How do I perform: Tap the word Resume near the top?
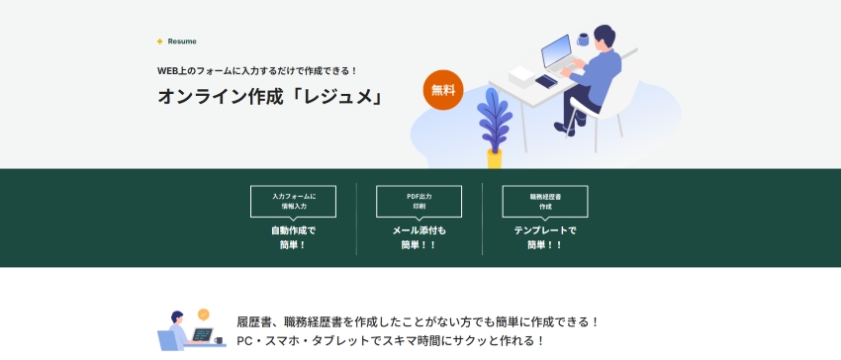(182, 42)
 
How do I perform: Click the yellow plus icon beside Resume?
(159, 42)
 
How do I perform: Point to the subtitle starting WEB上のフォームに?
(257, 70)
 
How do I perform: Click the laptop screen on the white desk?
(556, 49)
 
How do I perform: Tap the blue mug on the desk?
(584, 40)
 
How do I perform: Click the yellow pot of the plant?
(494, 158)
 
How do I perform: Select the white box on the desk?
(521, 74)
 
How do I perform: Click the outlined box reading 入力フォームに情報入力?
(293, 201)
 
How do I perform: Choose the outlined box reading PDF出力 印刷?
(419, 201)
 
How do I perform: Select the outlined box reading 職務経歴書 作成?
(545, 201)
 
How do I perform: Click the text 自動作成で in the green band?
(293, 230)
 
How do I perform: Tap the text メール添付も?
(419, 230)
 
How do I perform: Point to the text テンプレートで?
(545, 230)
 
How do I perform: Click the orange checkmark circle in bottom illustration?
(203, 315)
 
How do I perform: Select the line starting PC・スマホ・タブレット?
(391, 340)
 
